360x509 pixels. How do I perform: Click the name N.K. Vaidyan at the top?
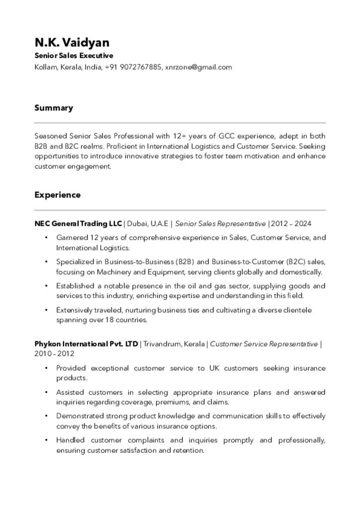point(72,43)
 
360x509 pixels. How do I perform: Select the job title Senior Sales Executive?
point(74,56)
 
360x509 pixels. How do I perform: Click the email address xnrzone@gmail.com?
point(198,67)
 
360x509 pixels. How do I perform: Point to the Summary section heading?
point(54,108)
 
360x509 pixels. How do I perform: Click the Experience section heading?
point(57,195)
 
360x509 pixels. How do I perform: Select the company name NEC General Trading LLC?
point(78,224)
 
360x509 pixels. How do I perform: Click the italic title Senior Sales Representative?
point(220,224)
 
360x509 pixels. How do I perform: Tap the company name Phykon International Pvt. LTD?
point(86,344)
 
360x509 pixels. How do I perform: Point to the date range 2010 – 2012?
point(54,354)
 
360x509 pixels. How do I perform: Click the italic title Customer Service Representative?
point(264,344)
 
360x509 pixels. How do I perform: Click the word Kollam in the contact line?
point(46,67)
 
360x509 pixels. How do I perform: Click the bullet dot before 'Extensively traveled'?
point(46,310)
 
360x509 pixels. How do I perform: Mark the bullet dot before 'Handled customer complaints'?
point(46,440)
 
